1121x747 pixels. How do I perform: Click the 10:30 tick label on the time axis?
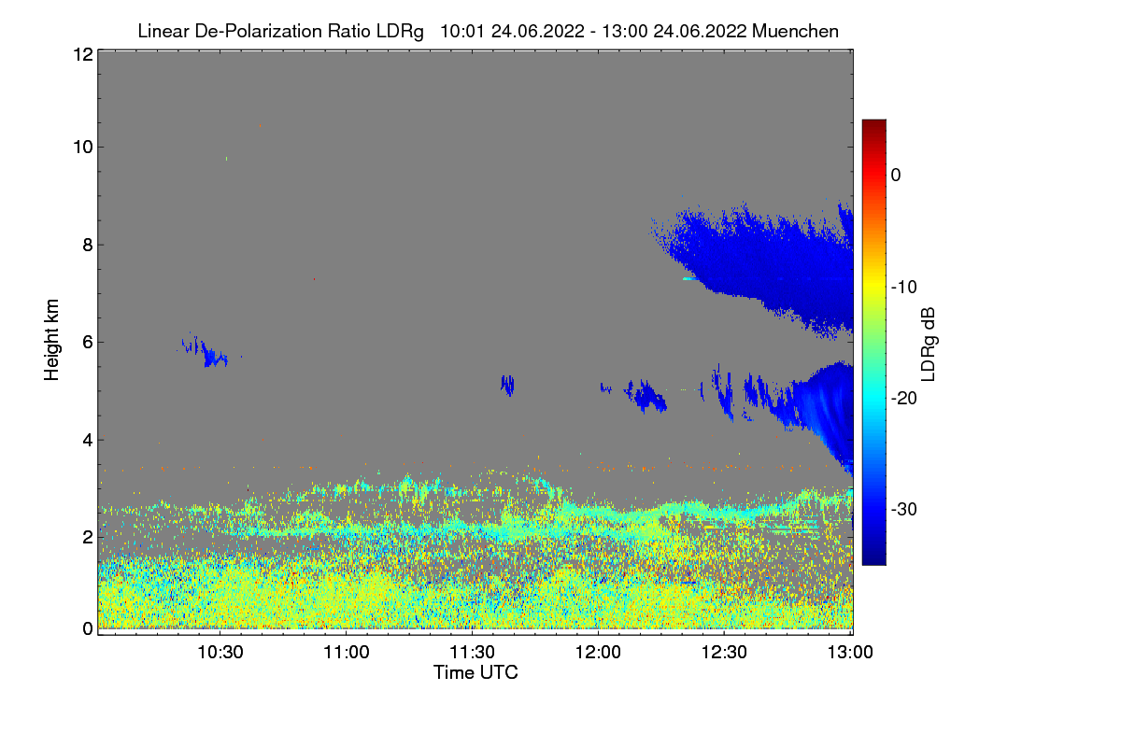[x=220, y=652]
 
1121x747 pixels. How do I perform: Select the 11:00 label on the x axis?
[x=347, y=652]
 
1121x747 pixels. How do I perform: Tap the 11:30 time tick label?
[x=473, y=652]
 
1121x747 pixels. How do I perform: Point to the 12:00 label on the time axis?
[x=599, y=652]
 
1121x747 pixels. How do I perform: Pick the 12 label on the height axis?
[x=81, y=54]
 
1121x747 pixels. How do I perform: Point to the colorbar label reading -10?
[x=908, y=287]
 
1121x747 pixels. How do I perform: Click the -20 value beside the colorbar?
[x=908, y=398]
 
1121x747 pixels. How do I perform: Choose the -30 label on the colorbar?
[x=908, y=510]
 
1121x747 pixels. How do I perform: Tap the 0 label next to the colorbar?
[x=896, y=175]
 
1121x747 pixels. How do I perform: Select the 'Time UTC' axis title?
[x=475, y=672]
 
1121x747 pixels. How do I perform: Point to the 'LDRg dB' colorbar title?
[x=928, y=344]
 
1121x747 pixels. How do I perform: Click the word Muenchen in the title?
[x=795, y=31]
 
